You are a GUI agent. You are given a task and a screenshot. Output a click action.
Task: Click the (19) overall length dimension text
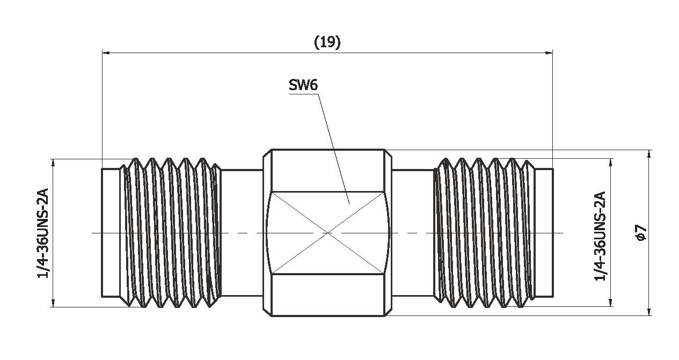tap(327, 43)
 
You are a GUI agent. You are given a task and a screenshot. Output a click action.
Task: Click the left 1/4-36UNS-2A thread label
tap(44, 233)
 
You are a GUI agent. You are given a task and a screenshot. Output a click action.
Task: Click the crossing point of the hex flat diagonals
tap(328, 233)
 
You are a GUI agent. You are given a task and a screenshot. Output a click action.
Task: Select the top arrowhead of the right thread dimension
tap(611, 162)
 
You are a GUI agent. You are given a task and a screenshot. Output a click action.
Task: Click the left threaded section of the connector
tap(172, 233)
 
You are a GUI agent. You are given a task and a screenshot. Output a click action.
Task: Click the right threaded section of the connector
tap(483, 233)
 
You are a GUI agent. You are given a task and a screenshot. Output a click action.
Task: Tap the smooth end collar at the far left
tap(110, 233)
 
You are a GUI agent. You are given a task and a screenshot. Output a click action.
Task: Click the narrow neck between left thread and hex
tap(242, 233)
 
